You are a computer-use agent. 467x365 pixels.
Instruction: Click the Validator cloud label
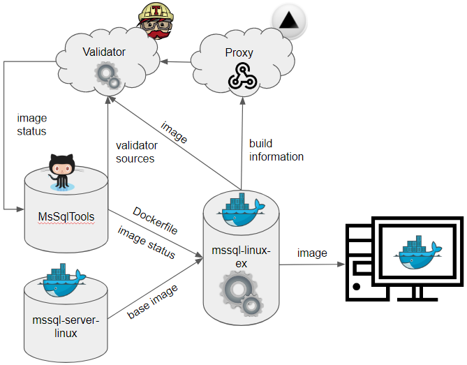[104, 52]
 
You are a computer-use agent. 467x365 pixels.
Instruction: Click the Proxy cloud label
[239, 52]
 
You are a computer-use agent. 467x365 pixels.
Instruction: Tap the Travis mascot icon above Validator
[154, 20]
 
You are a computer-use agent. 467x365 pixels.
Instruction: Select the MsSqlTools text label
[66, 216]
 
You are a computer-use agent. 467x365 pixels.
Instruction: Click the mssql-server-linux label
[66, 327]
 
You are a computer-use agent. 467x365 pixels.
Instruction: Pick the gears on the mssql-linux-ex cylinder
[242, 294]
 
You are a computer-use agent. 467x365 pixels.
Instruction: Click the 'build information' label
[276, 150]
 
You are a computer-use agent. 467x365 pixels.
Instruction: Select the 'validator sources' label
[136, 152]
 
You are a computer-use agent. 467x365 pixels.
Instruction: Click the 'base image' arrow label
[151, 302]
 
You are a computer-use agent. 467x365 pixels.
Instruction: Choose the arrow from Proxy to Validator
[180, 63]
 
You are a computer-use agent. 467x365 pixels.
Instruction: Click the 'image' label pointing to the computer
[312, 253]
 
